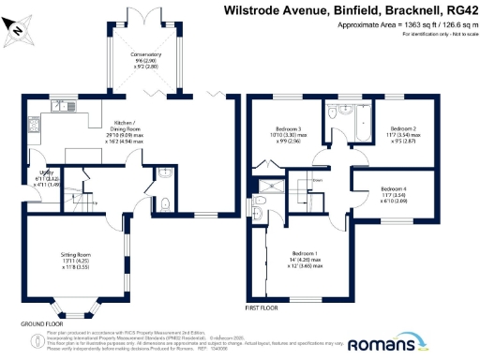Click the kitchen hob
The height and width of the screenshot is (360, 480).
pos(36,128)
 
